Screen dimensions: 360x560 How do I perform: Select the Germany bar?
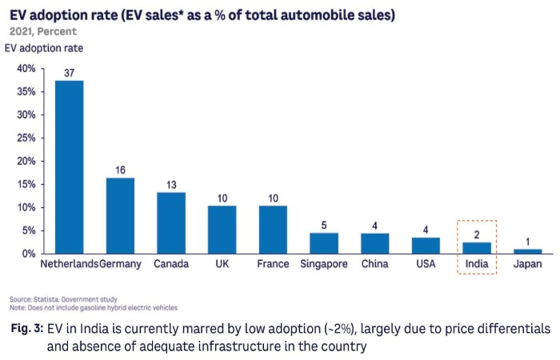(x=120, y=215)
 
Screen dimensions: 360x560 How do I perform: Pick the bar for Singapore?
(x=324, y=243)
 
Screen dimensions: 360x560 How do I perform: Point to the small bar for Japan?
(x=528, y=250)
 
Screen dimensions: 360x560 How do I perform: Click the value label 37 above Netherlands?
(x=69, y=74)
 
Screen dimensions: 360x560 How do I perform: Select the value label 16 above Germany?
(x=120, y=170)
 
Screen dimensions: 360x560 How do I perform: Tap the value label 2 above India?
(x=477, y=234)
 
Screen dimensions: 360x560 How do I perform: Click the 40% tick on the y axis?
(x=26, y=69)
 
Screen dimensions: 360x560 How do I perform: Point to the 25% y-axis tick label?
(x=26, y=138)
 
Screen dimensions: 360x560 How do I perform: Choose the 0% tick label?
(x=28, y=254)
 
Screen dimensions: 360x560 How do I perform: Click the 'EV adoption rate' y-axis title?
(x=43, y=48)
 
